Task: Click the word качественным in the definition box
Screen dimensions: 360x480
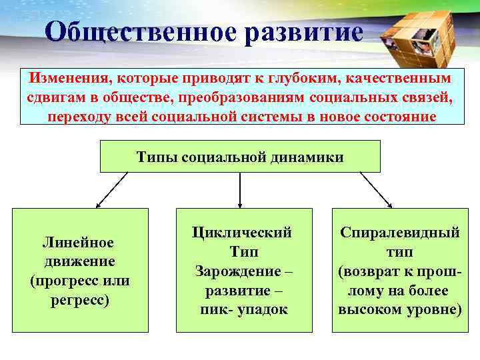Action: [x=399, y=79]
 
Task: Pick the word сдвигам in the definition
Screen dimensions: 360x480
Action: [x=55, y=98]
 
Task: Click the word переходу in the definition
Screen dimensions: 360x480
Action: [x=77, y=117]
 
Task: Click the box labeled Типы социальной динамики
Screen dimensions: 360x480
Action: [x=240, y=157]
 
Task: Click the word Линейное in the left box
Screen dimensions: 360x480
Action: [x=78, y=243]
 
